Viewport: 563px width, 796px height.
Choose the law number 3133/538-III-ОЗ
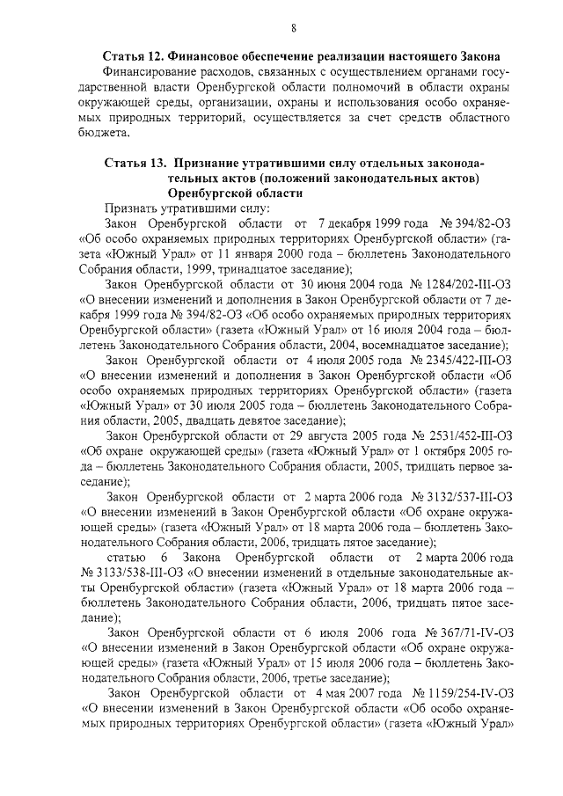132,572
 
